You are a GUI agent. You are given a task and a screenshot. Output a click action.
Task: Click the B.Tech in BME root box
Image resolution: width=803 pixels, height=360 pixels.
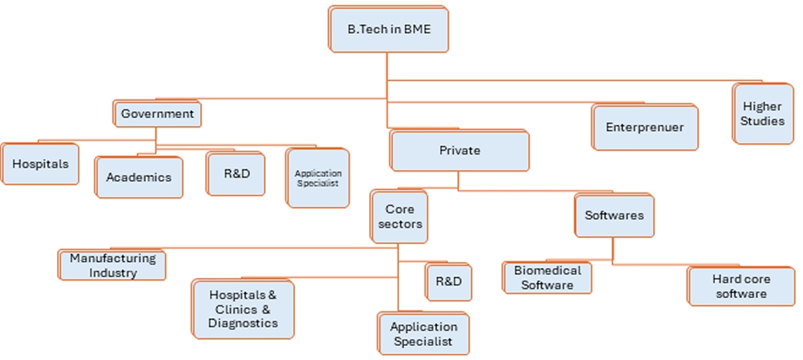tap(388, 30)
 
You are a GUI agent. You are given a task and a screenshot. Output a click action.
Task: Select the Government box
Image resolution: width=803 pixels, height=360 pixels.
tap(158, 114)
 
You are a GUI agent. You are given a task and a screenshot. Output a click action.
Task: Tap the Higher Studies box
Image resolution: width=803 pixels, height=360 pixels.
tap(763, 114)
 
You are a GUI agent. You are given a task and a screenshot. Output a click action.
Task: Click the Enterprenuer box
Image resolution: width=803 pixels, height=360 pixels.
tap(645, 127)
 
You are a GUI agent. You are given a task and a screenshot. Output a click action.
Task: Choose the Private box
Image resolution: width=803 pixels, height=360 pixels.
tap(459, 151)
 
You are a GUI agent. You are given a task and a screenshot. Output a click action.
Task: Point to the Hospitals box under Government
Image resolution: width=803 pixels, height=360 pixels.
tap(40, 164)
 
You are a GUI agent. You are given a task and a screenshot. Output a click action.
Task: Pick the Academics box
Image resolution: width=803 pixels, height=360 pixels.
tap(139, 177)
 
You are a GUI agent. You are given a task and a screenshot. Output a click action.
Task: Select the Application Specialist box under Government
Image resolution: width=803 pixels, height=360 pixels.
tap(317, 178)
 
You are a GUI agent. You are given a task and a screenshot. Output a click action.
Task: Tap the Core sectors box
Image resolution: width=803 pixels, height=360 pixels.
tap(400, 216)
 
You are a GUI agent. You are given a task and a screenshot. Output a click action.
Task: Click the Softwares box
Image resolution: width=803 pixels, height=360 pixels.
tap(614, 216)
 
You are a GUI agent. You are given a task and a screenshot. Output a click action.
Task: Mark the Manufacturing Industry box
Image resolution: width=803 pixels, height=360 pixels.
tap(113, 265)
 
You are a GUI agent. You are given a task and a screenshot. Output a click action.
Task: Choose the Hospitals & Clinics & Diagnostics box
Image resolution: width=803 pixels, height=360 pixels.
tap(243, 309)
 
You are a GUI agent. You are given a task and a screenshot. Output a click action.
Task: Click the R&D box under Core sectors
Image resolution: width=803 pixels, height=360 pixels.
tap(449, 281)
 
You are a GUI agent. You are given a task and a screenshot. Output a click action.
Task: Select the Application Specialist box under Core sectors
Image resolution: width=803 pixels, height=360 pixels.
tap(422, 334)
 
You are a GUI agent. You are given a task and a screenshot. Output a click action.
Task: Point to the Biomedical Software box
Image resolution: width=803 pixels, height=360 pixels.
tap(547, 278)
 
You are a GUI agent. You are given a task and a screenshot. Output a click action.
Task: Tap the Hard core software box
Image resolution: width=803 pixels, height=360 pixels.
tap(741, 286)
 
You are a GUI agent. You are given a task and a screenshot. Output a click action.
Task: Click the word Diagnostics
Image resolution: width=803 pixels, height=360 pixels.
tap(243, 324)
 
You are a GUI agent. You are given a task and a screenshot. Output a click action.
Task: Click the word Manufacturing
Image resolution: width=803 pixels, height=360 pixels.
tap(113, 258)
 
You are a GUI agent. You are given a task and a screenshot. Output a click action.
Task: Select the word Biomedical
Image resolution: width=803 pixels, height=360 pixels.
tap(547, 271)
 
